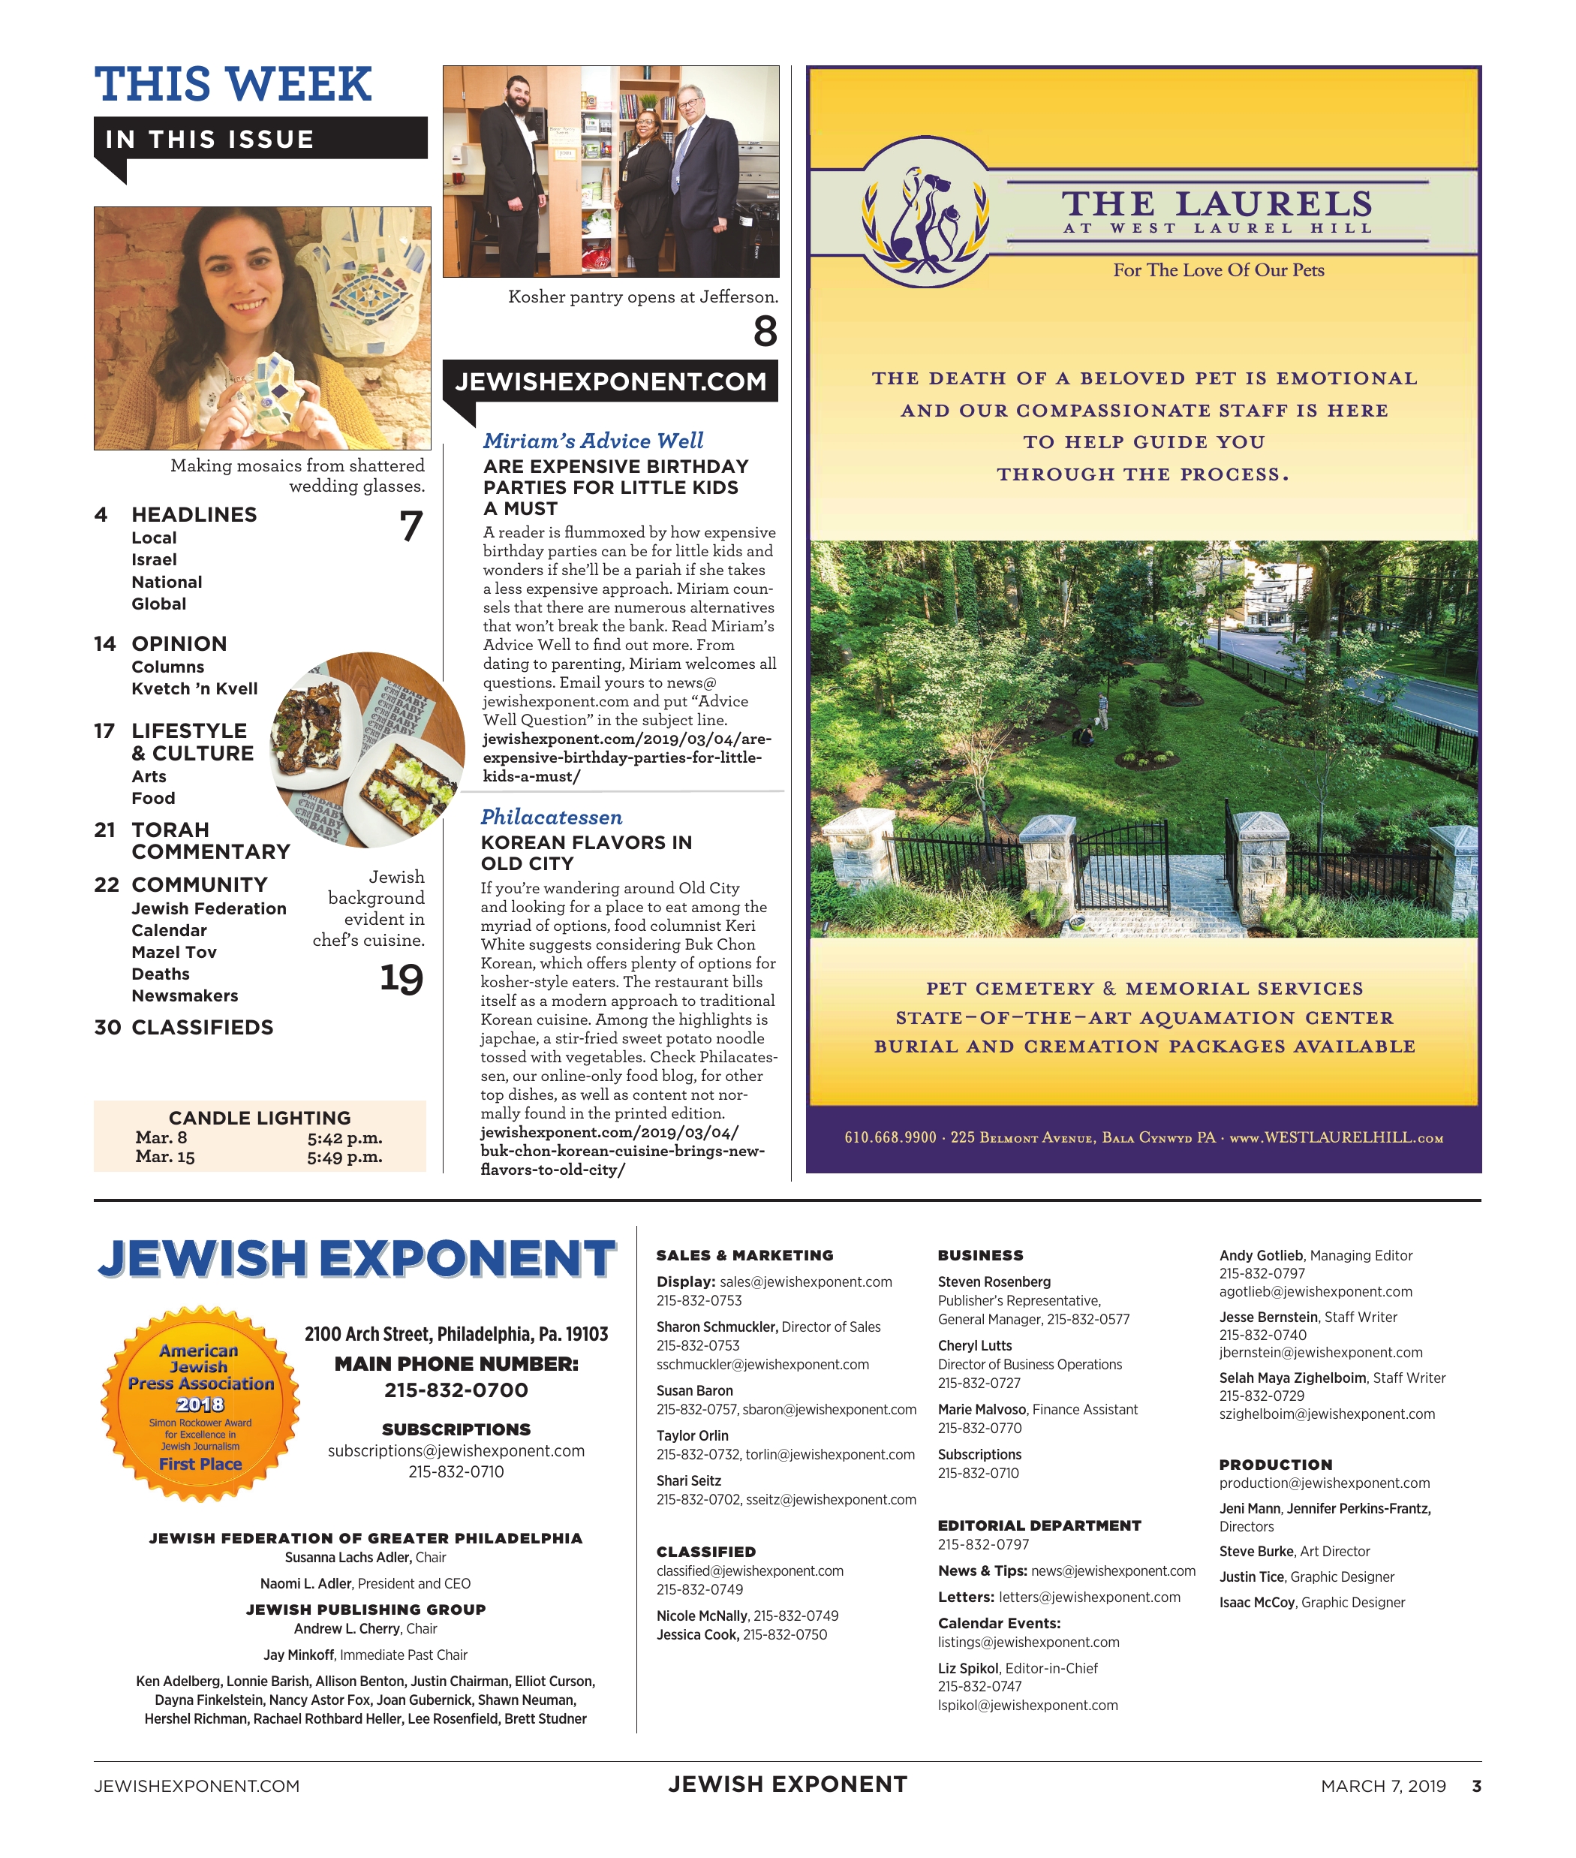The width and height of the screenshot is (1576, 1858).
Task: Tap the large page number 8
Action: click(765, 332)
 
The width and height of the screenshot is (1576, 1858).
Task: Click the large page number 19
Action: click(402, 979)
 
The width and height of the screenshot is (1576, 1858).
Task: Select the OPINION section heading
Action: click(179, 643)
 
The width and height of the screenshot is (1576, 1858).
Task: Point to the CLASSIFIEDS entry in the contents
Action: click(202, 1028)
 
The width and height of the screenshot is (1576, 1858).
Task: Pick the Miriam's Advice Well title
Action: click(593, 441)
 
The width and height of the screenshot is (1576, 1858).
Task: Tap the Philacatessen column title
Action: click(552, 817)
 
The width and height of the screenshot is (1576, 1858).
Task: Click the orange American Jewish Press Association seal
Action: click(200, 1403)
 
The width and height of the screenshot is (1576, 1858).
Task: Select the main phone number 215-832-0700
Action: click(456, 1390)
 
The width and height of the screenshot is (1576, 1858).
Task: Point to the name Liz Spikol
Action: click(967, 1669)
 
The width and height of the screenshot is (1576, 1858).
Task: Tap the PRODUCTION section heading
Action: click(1275, 1465)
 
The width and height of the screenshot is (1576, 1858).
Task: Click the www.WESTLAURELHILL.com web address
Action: click(1336, 1137)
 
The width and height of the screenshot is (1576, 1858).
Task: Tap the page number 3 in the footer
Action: click(1476, 1786)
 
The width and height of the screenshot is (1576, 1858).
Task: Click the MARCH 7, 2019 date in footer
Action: click(1382, 1786)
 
